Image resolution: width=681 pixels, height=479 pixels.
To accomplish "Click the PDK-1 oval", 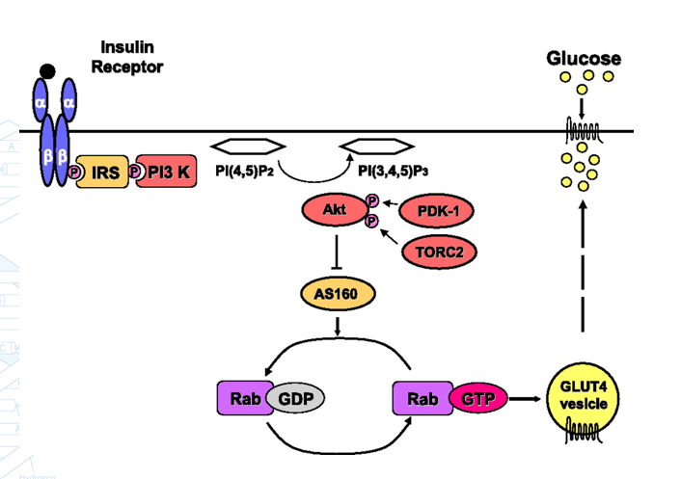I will (x=431, y=209).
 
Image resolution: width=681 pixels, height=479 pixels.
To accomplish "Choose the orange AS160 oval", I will (x=337, y=295).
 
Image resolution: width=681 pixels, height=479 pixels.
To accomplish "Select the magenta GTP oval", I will (x=473, y=398).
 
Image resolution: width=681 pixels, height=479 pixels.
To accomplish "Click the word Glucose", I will (x=584, y=58).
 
